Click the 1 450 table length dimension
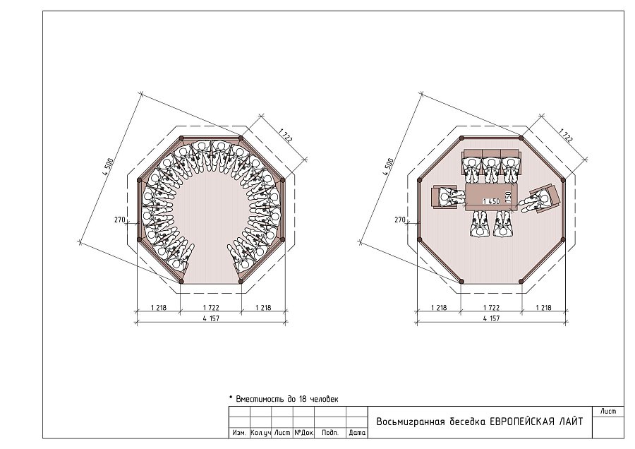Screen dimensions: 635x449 (491, 201)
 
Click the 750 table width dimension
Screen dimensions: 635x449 (509, 196)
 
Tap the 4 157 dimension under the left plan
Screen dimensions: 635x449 (211, 318)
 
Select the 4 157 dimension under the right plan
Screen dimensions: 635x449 (491, 318)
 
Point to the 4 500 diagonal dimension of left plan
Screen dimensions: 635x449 (108, 166)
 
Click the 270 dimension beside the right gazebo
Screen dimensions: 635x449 (400, 220)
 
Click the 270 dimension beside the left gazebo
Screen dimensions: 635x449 (119, 220)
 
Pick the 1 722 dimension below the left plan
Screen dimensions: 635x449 (211, 308)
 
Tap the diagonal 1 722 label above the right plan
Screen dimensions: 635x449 (566, 136)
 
